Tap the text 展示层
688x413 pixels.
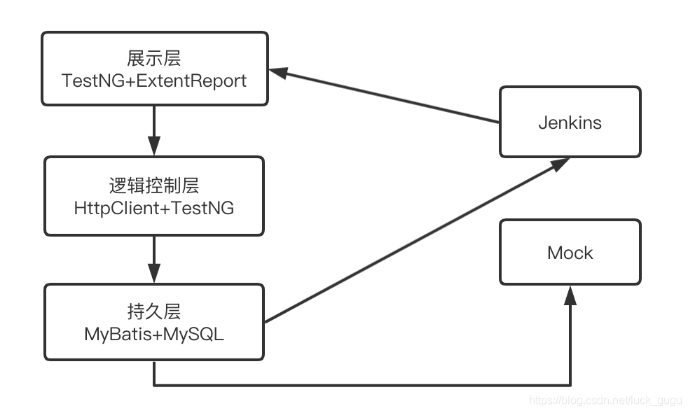pos(154,58)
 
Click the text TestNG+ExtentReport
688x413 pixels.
pos(154,80)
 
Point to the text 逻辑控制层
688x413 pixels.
pos(154,185)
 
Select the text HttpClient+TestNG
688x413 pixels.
pos(154,208)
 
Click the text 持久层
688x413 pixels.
pos(154,311)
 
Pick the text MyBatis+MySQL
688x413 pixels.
pos(154,334)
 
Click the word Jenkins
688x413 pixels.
pos(570,122)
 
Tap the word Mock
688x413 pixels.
pos(570,253)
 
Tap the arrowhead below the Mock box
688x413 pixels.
pos(570,295)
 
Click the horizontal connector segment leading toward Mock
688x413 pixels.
pos(362,384)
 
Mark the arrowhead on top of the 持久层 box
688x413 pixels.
pos(154,273)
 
